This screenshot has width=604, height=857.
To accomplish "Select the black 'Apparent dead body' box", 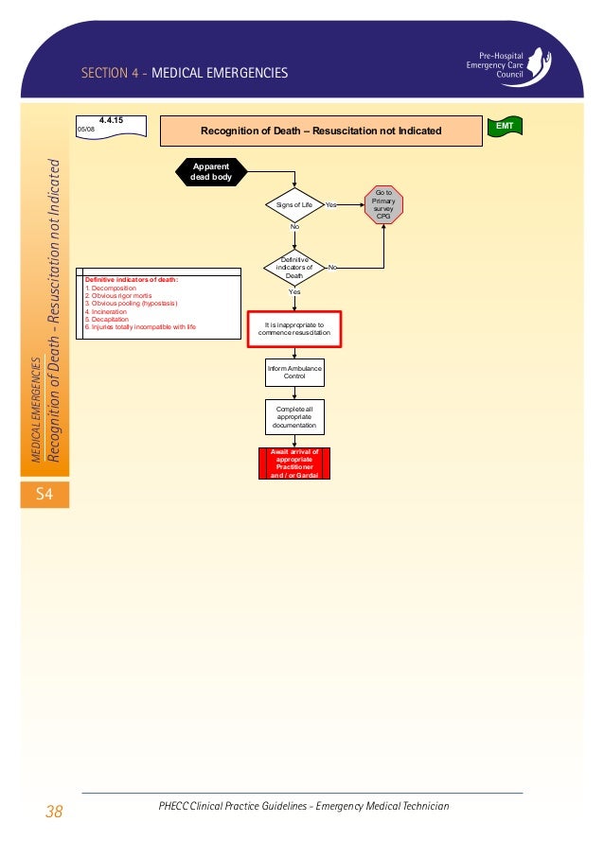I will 211,172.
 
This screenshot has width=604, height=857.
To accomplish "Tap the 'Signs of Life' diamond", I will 294,204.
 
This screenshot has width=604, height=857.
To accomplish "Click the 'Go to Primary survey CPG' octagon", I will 383,204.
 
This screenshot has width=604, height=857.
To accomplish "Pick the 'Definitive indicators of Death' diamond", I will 294,268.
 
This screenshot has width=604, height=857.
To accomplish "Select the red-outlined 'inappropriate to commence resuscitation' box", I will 294,329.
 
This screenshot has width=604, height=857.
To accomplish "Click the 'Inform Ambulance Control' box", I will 294,373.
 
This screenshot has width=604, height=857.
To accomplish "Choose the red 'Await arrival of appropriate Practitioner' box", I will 294,463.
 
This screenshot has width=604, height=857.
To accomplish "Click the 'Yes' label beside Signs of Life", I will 331,204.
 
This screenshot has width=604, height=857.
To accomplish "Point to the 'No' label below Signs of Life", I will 294,228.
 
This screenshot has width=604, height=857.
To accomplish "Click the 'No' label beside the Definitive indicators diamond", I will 331,268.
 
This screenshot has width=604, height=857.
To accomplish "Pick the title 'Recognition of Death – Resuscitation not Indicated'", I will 321,131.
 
